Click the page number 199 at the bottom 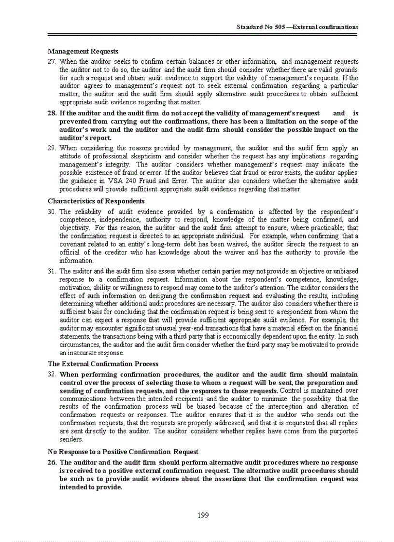point(203,515)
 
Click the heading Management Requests point(83,51)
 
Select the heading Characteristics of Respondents point(96,201)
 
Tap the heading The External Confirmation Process point(103,364)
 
